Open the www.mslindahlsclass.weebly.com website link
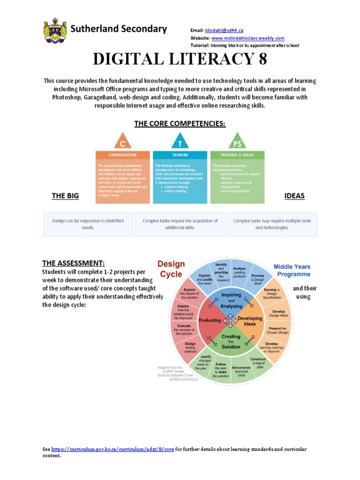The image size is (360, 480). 247,38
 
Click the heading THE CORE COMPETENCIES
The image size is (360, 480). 180,123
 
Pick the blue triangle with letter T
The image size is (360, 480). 180,141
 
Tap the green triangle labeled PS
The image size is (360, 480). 237,141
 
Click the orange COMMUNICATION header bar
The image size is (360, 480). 123,155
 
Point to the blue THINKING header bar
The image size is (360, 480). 180,155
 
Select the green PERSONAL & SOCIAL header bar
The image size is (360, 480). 237,155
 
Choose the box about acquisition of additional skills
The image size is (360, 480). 180,224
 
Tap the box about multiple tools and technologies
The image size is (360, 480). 272,224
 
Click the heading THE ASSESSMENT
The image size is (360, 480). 74,263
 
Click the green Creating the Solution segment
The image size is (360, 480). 231,342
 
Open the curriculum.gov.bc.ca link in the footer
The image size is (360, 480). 112,449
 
